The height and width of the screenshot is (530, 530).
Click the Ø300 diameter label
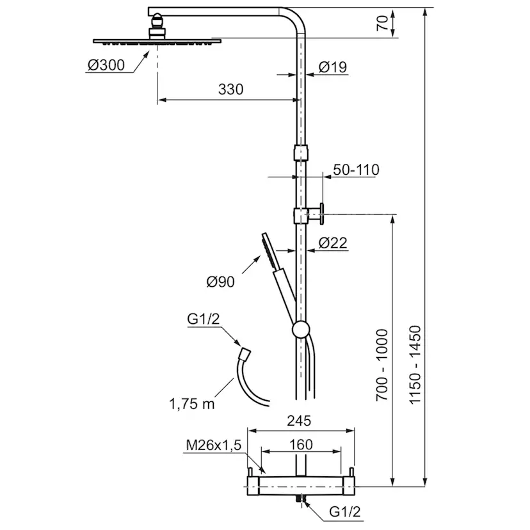coord(106,65)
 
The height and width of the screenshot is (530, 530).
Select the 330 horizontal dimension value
coord(231,90)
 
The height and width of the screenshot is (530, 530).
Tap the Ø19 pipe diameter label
coord(333,67)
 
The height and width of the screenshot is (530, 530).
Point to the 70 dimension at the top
coord(382,23)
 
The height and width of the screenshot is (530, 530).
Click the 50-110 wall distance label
coord(357,170)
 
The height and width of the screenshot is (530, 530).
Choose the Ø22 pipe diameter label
coord(333,243)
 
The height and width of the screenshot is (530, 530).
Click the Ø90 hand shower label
coord(220,282)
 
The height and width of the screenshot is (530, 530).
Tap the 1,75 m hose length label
coord(191,404)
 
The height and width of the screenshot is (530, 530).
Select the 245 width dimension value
coord(299,421)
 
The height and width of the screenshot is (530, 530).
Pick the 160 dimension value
coord(301,445)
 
